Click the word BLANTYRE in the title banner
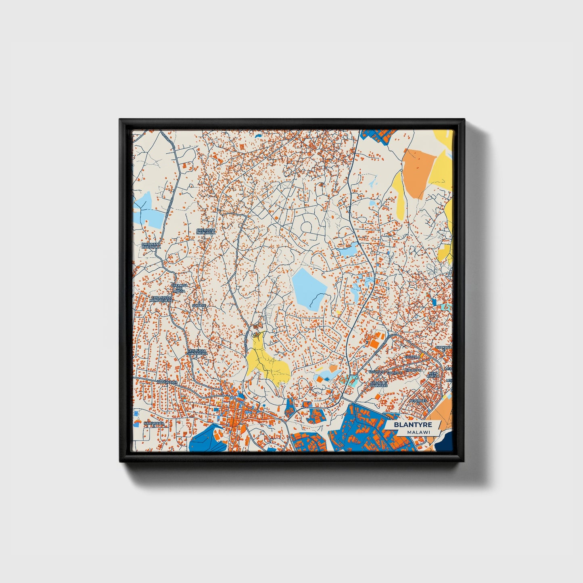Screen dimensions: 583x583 [x=413, y=425]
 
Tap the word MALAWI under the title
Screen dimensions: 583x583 [x=418, y=432]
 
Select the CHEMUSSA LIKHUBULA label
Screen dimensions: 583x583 [x=206, y=231]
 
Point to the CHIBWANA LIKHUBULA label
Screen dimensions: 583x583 [x=151, y=245]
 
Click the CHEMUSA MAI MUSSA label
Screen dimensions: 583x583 [x=179, y=288]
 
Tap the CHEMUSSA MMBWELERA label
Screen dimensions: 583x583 [x=161, y=299]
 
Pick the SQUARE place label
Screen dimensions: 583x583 [x=199, y=306]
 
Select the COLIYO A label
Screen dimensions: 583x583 [x=413, y=356]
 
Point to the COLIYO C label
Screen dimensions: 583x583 [x=413, y=370]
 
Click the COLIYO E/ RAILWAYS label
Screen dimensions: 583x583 [x=379, y=384]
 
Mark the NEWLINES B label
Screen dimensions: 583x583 [x=418, y=401]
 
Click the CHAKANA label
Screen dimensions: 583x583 [x=443, y=347]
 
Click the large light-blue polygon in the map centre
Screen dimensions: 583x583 [x=308, y=288]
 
